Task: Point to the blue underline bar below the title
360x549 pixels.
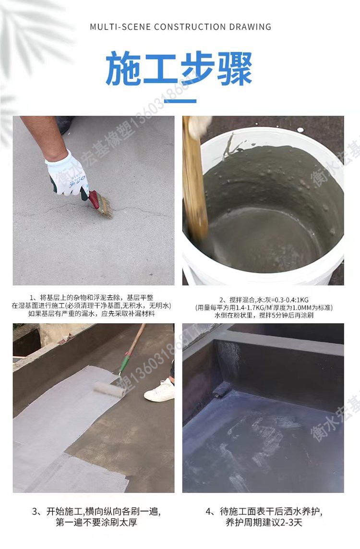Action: pos(180,101)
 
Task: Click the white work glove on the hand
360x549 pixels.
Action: pos(67,172)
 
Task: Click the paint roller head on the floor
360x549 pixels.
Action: pos(110,389)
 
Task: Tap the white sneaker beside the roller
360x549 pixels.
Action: pos(160,391)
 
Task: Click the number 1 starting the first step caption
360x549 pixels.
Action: pos(32,298)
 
